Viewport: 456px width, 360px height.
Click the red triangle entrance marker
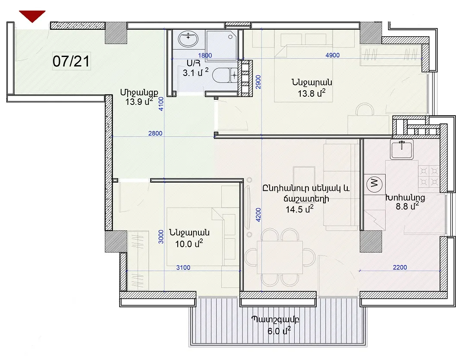[32, 16]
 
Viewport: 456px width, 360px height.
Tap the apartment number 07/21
[71, 61]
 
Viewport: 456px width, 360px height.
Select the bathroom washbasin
[188, 39]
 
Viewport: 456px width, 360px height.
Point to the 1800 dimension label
[205, 55]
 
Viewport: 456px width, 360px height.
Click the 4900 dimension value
[333, 55]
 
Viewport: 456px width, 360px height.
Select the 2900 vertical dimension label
[258, 82]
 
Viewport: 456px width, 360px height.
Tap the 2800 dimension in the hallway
[155, 133]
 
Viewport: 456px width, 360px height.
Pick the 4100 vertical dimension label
[161, 104]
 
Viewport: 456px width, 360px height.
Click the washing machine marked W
[374, 183]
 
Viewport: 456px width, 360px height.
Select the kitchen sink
[402, 149]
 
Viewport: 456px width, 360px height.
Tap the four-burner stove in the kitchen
[429, 177]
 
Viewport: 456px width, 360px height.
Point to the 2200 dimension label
[400, 267]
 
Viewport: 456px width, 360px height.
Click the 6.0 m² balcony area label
[279, 331]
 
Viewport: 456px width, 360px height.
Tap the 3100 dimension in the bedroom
[183, 268]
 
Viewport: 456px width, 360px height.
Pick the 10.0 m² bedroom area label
[189, 243]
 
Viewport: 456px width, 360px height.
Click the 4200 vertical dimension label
[258, 215]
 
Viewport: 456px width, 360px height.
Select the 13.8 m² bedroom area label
[311, 93]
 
